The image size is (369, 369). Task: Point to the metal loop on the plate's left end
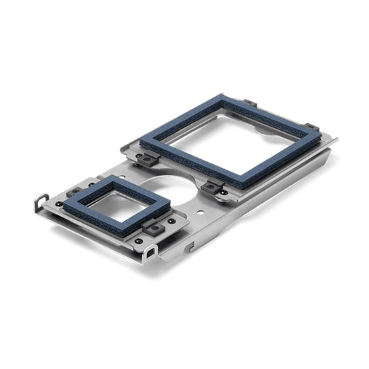pos(41,203)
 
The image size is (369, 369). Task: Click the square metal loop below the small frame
pos(150,253)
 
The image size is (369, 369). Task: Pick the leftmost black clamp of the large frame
pos(146,160)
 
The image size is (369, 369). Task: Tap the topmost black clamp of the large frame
pos(249,104)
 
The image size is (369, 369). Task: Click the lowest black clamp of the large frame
pos(212,188)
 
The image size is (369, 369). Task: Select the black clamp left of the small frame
pos(73,192)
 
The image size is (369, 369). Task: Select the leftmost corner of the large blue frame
pos(141,143)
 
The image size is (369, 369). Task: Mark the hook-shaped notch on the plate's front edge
pos(189,246)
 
